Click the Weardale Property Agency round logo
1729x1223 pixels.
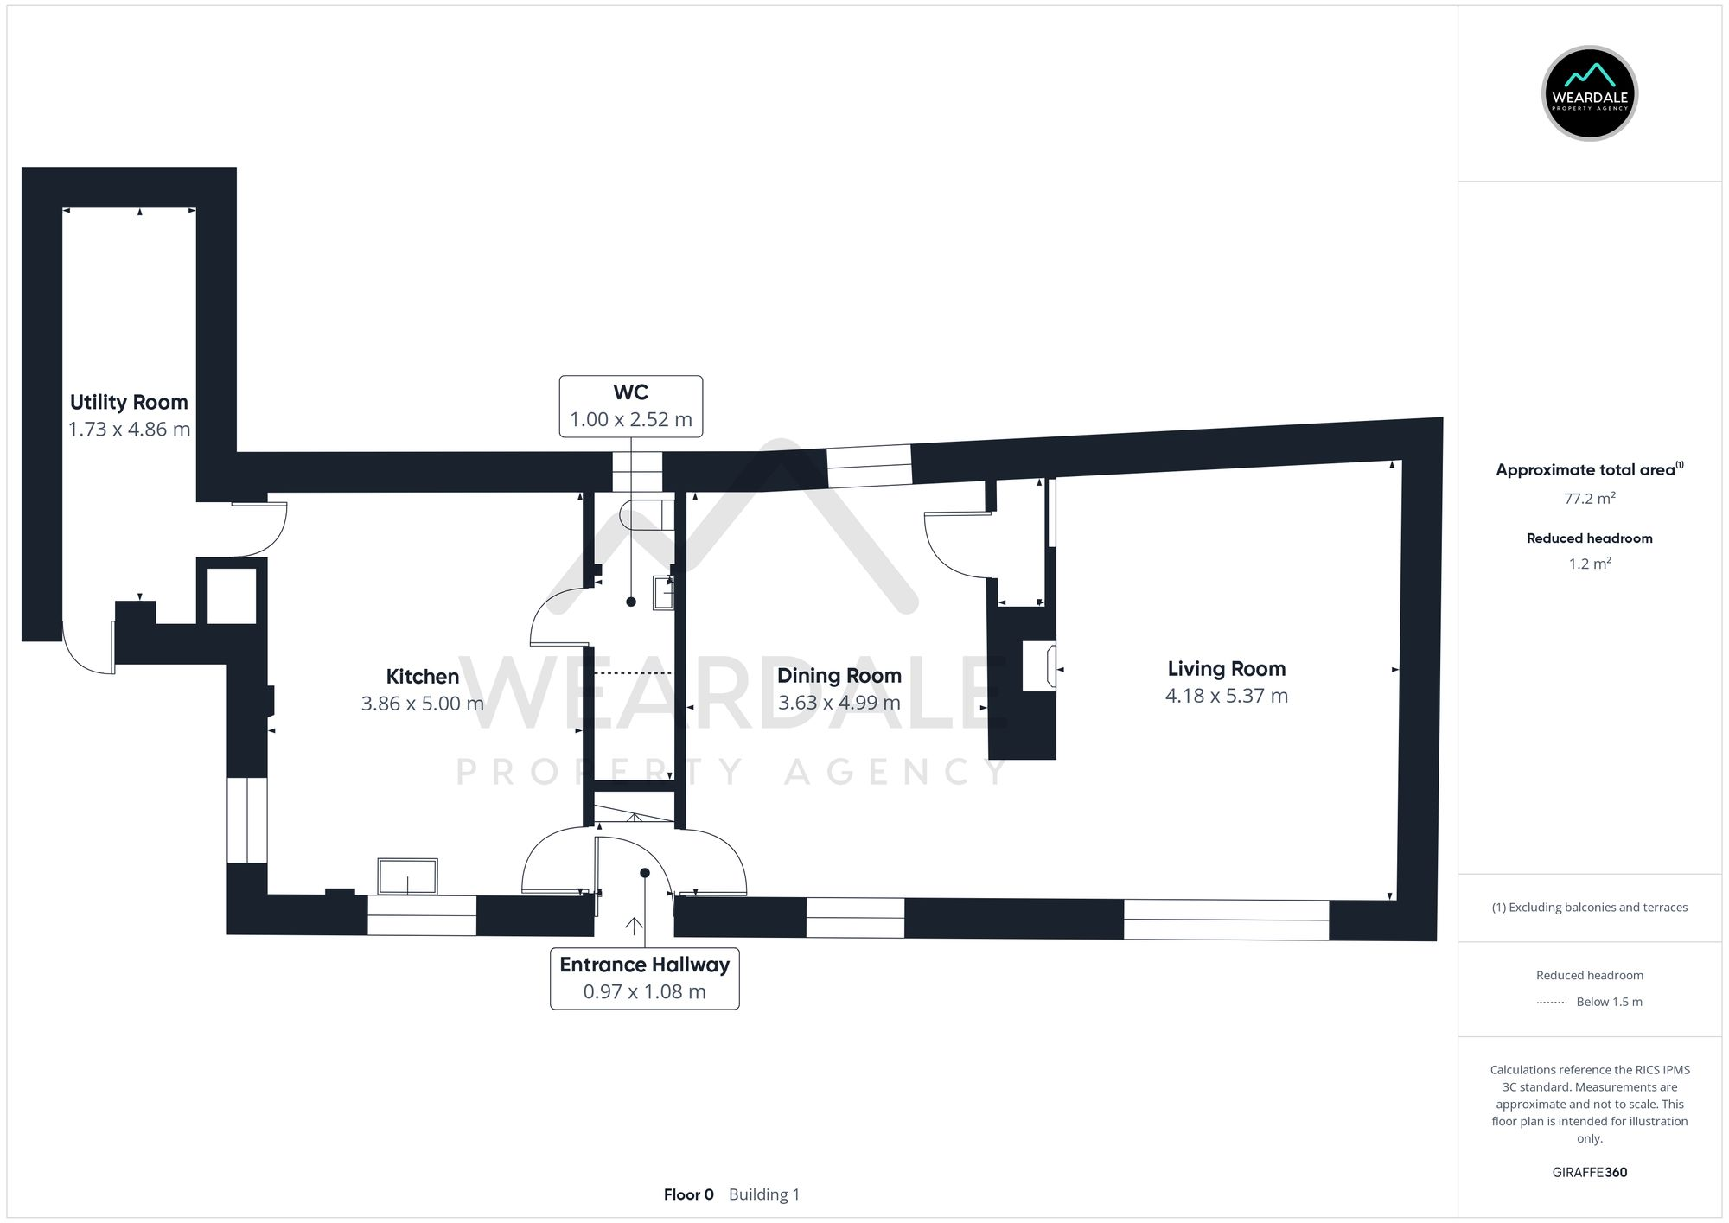(1589, 93)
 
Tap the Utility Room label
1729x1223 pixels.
(129, 402)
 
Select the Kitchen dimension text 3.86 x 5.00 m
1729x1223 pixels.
(422, 704)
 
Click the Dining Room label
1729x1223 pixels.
(839, 675)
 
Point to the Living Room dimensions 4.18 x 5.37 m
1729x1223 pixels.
(1226, 696)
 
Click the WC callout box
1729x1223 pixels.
(630, 406)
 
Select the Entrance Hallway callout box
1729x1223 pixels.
(644, 978)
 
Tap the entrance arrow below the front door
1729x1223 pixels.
(634, 926)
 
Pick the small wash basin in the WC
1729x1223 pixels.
(663, 593)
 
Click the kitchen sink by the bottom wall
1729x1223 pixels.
(407, 876)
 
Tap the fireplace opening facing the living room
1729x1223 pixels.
(1038, 666)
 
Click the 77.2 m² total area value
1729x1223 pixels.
(1589, 499)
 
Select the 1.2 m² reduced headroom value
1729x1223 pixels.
(1589, 564)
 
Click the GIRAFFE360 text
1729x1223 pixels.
(1589, 1172)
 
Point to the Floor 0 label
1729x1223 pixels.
(688, 1194)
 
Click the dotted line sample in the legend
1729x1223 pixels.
(1552, 1003)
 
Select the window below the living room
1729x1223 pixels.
(1225, 920)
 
